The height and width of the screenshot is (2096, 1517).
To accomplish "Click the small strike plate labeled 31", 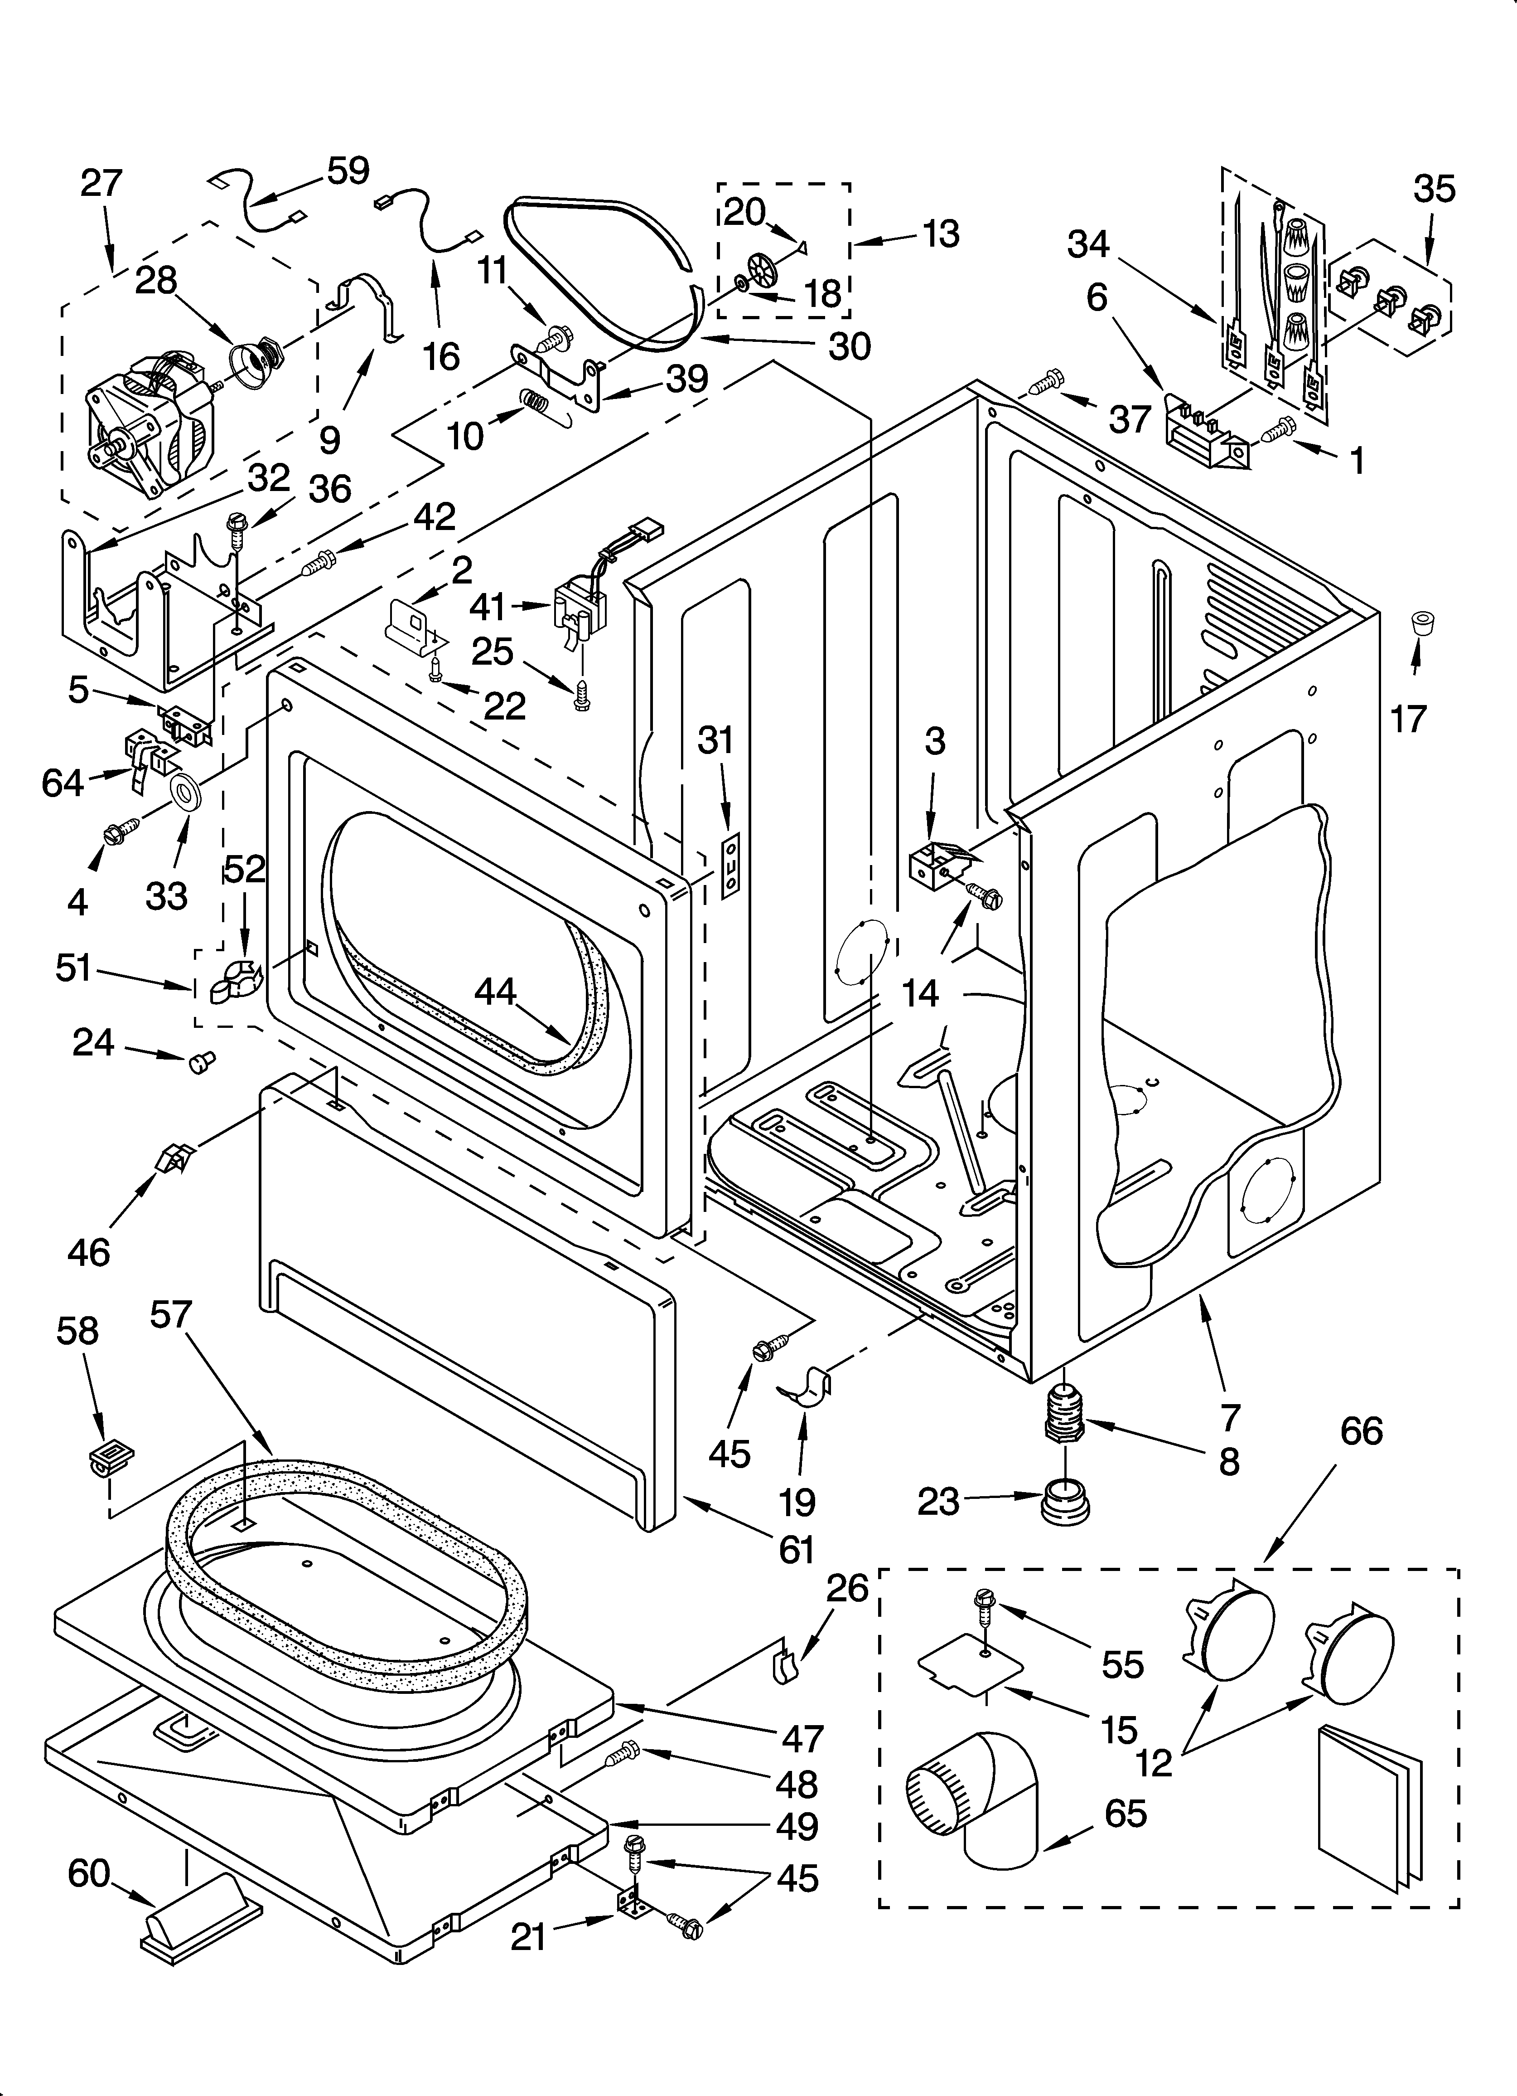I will click(730, 863).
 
